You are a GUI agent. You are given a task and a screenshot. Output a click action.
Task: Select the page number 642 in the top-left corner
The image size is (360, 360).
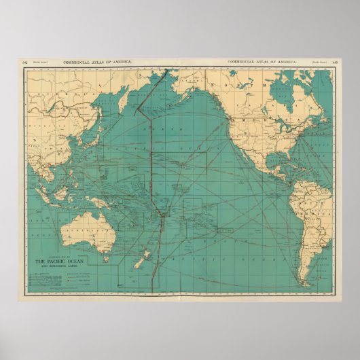pos(24,62)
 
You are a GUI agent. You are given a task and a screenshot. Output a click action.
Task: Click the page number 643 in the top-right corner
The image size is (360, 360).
pos(335,62)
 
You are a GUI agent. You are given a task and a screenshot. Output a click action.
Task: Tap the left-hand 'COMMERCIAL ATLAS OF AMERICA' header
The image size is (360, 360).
pos(98,62)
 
